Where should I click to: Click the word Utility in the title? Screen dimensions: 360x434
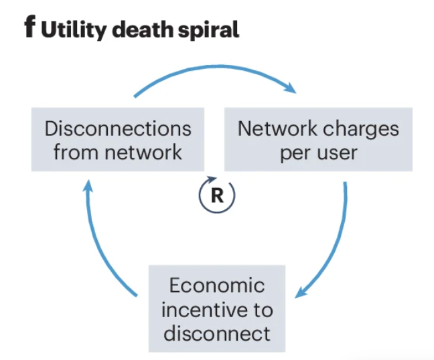pos(72,31)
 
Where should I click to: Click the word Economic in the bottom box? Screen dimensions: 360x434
pos(217,286)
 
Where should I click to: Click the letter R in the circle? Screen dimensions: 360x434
pos(217,195)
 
